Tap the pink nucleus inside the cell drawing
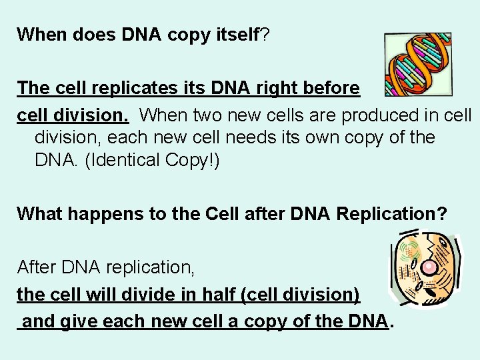pyautogui.click(x=430, y=267)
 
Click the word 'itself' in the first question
pyautogui.click(x=237, y=35)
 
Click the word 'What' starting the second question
pyautogui.click(x=38, y=214)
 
